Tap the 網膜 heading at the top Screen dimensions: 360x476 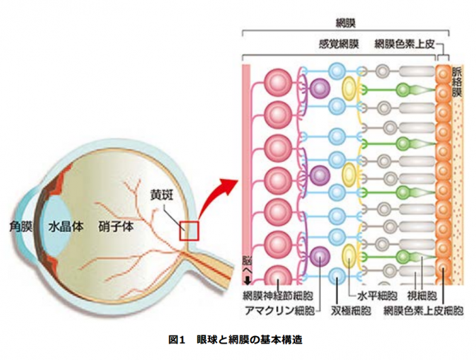click(x=356, y=23)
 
